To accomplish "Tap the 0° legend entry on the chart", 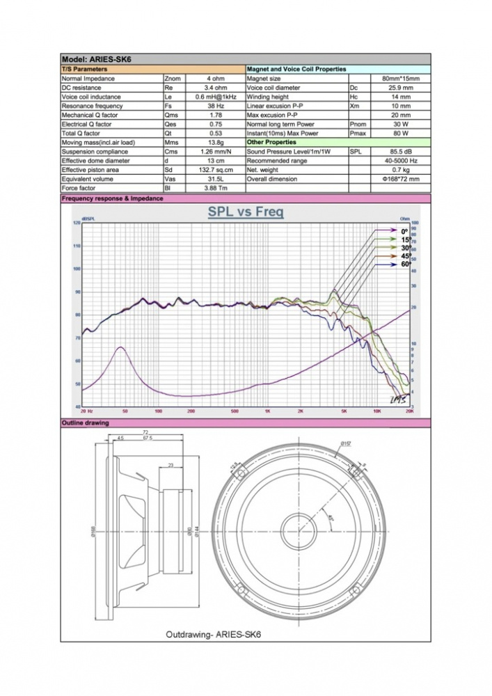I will pyautogui.click(x=405, y=231).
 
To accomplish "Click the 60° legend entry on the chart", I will pyautogui.click(x=405, y=264).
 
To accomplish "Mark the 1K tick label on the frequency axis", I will pyautogui.click(x=267, y=412).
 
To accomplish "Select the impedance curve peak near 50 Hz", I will pyautogui.click(x=120, y=347).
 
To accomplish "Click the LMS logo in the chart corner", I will pyautogui.click(x=397, y=399).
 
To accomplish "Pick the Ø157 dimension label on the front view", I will pyautogui.click(x=345, y=444).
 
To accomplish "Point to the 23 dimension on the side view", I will pyautogui.click(x=170, y=465).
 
